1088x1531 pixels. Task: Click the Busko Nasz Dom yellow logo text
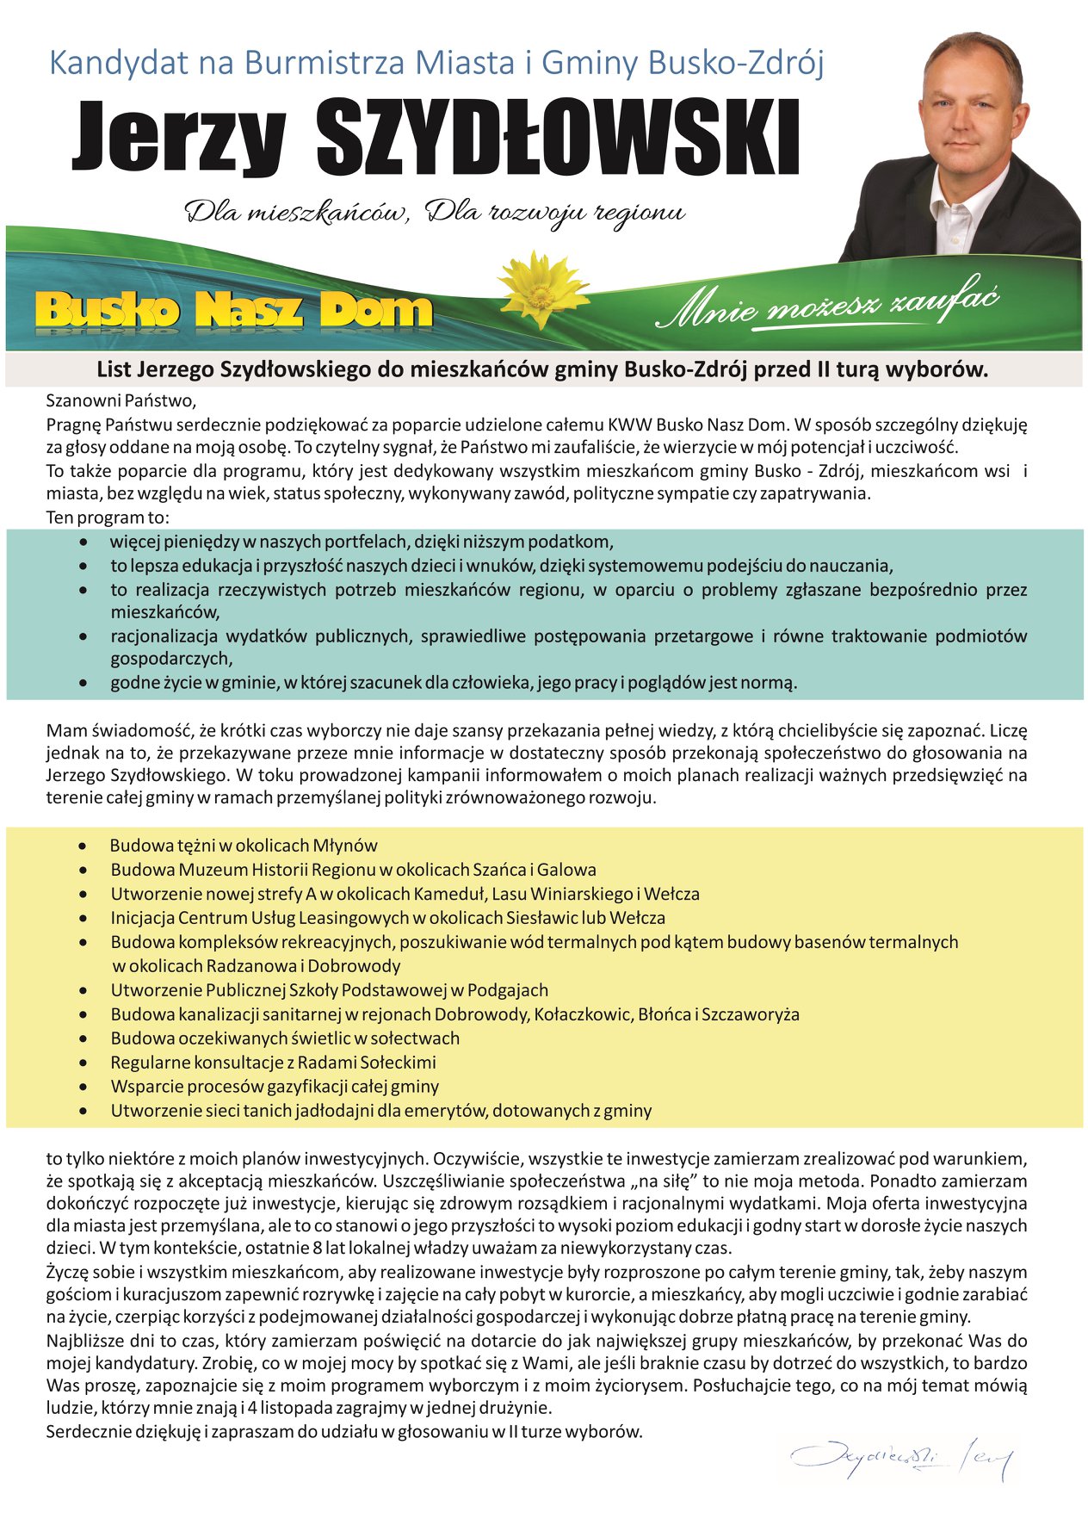[234, 310]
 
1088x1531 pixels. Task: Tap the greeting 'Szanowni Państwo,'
[121, 400]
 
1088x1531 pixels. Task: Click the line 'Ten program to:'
[108, 518]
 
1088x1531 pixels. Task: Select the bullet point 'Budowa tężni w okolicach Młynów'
[244, 846]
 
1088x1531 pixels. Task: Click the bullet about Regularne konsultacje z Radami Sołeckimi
[273, 1063]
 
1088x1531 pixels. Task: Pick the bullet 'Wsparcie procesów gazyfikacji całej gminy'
[275, 1087]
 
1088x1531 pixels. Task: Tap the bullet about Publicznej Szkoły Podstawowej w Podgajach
[329, 990]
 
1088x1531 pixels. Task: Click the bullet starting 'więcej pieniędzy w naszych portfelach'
[362, 542]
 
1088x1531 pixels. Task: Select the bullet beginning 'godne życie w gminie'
[454, 683]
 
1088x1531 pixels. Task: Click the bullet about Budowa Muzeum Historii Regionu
[353, 870]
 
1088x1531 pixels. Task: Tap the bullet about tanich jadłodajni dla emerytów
[380, 1111]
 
